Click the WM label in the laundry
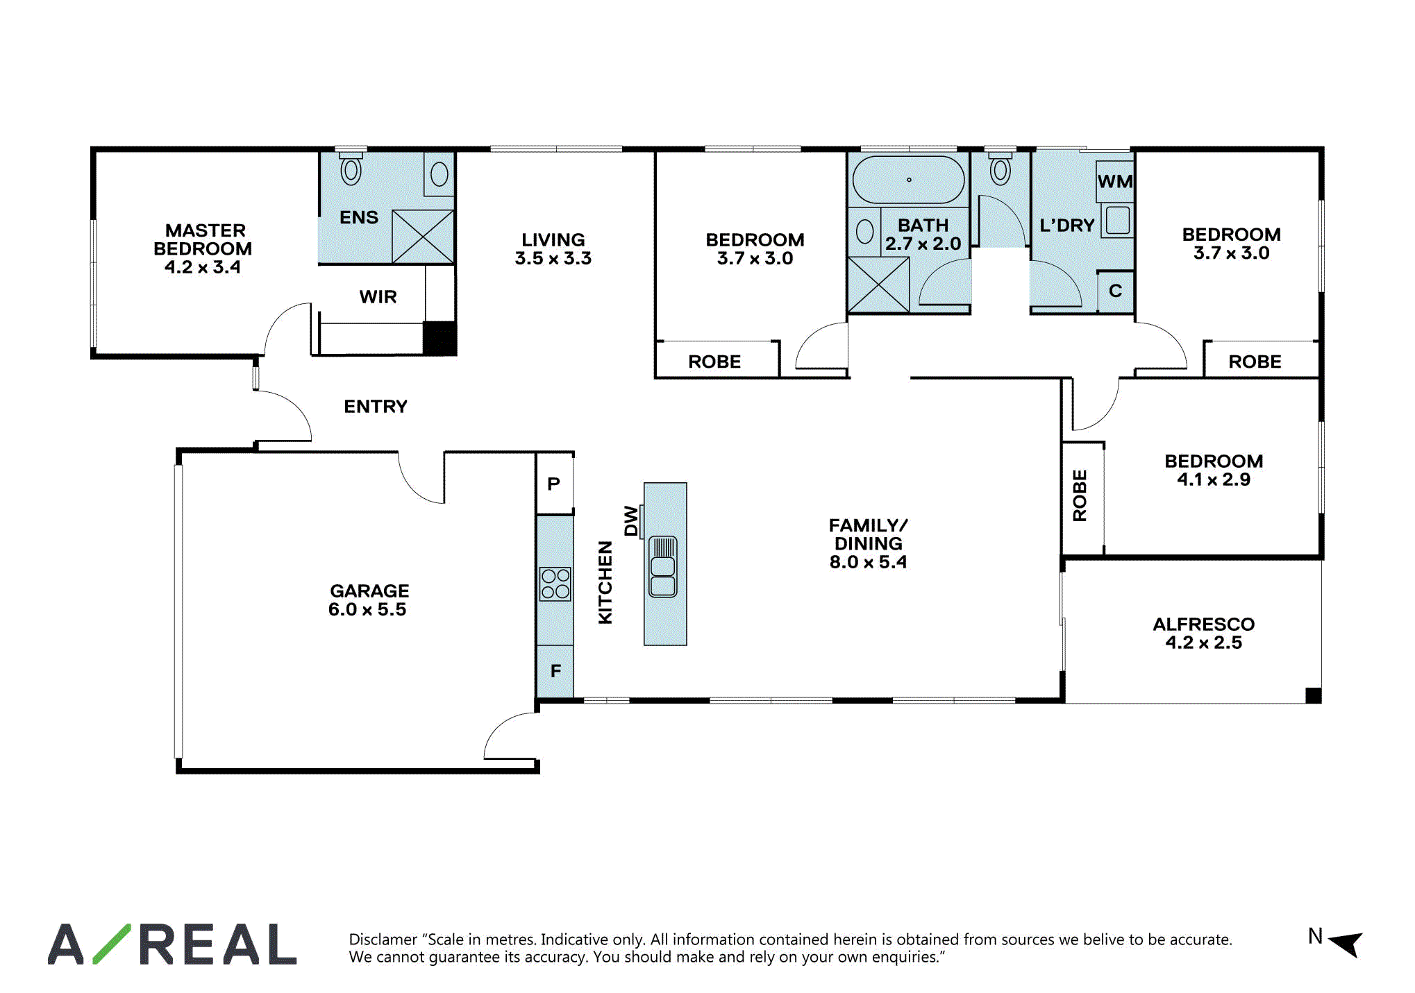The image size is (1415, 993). coord(1115,181)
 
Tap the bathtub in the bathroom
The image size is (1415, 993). coord(908,180)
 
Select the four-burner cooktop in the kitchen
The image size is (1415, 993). coord(555,584)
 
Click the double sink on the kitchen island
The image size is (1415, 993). coord(663,566)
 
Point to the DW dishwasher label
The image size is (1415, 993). coord(630,520)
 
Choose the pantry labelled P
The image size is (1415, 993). coord(554,484)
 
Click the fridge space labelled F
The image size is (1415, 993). coord(555,671)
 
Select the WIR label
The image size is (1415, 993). coord(378,296)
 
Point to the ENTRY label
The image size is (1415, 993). coord(376,406)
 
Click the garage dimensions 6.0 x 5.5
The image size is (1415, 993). coord(367,609)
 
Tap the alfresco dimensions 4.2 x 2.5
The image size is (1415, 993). coord(1203,643)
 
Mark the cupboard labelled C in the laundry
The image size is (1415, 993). coord(1116,291)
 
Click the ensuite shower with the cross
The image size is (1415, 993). coord(423,237)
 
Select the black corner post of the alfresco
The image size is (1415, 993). coord(1314,695)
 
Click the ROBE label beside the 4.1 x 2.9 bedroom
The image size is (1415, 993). coord(1080,495)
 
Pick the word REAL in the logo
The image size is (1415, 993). coord(218,944)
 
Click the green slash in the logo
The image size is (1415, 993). coord(111,944)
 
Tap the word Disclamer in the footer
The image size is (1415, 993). coord(383,940)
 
